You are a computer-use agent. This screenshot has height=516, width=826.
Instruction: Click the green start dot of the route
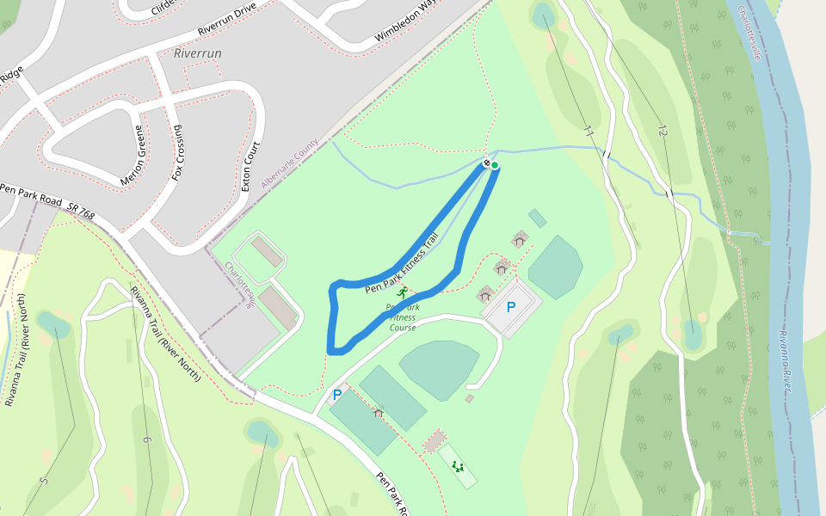click(495, 165)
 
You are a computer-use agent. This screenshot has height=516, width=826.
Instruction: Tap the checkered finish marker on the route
click(486, 163)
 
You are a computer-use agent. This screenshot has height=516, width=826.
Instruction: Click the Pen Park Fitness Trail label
click(402, 263)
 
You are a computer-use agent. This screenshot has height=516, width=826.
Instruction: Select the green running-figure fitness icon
click(402, 292)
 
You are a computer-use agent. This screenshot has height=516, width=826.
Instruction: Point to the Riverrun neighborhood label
click(198, 53)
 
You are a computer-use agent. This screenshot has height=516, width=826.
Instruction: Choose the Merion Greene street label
click(139, 153)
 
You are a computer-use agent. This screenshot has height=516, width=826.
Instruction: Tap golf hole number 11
click(589, 132)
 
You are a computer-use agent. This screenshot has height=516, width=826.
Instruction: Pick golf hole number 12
click(662, 131)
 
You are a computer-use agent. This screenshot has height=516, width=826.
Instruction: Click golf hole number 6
click(147, 440)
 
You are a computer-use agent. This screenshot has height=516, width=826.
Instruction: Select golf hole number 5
click(44, 479)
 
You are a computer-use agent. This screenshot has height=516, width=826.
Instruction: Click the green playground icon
click(458, 467)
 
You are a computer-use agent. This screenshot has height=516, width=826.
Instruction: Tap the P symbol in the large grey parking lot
click(510, 307)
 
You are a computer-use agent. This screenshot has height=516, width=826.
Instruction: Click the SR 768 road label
click(83, 210)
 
